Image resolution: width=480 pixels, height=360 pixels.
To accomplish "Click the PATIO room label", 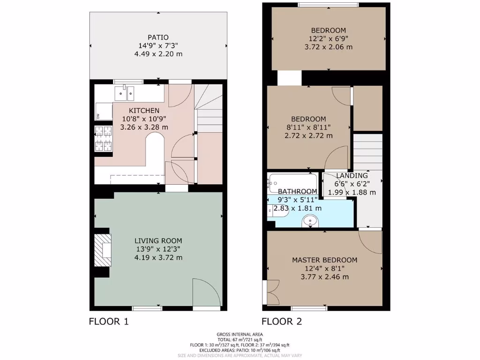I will tap(158, 37).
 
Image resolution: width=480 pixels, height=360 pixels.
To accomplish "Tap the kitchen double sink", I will tap(125, 93).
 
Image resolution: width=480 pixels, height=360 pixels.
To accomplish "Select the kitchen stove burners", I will tap(104, 138).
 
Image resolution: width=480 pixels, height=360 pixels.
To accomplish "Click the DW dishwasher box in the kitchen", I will tap(98, 116).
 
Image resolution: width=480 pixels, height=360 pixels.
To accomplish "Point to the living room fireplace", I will tap(103, 250).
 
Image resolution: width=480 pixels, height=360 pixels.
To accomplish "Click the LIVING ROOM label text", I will tap(158, 241).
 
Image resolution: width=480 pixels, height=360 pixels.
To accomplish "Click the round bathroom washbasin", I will tap(309, 220).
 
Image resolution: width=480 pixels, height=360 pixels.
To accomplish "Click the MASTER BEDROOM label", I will tap(324, 260).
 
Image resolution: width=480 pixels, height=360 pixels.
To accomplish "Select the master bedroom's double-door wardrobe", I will tap(272, 292).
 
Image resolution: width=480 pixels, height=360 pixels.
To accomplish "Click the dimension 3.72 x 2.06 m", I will tap(328, 47).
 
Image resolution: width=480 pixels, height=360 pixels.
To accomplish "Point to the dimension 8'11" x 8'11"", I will tap(308, 127).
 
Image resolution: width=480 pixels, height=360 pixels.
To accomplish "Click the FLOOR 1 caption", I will tap(108, 322).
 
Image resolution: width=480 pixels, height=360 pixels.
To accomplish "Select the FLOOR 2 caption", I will tap(281, 322).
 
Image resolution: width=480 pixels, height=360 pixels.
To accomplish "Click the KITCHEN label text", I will tap(144, 110).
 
